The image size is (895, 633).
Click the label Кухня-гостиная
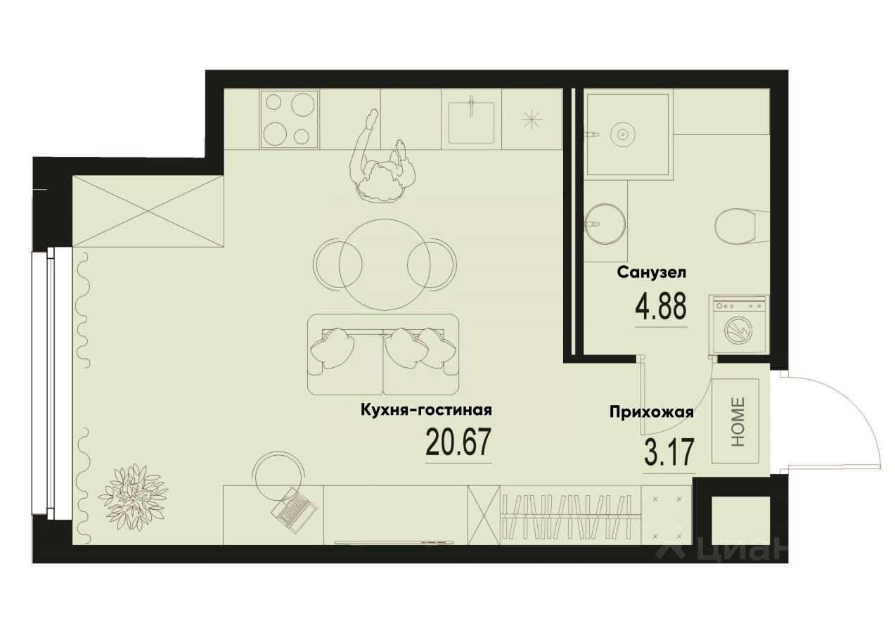tap(425, 410)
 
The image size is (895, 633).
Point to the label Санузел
tap(651, 272)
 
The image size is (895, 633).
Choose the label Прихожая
tap(652, 413)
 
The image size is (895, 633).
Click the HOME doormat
tap(735, 421)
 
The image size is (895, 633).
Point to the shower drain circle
tap(622, 133)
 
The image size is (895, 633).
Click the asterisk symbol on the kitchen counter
tap(532, 120)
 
